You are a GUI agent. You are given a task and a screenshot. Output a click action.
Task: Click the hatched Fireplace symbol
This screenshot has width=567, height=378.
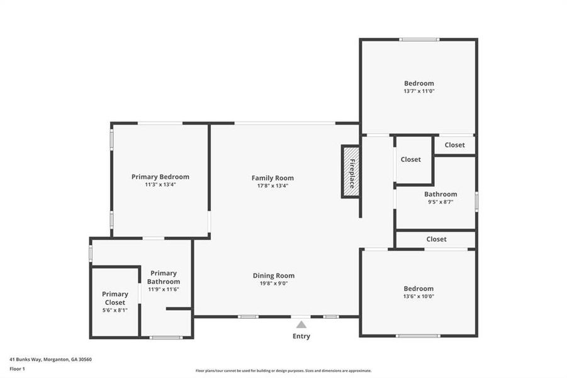point(351,171)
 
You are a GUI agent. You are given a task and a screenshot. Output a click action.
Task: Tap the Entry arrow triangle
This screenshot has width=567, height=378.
point(301,325)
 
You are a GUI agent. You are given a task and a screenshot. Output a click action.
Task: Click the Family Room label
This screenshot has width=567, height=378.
point(272,178)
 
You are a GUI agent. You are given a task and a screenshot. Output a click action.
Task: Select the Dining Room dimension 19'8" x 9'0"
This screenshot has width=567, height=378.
point(273,284)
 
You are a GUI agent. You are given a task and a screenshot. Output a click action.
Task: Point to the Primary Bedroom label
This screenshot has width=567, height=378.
point(160,177)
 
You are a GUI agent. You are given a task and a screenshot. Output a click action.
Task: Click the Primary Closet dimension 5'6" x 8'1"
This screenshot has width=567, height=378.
point(115,310)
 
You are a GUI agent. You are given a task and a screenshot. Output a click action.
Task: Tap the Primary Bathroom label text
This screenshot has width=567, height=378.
point(164,277)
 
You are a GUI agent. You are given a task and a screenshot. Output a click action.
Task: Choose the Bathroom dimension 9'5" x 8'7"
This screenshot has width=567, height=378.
point(441,202)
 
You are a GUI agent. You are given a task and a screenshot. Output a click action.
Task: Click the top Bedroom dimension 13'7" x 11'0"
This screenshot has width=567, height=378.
point(419,91)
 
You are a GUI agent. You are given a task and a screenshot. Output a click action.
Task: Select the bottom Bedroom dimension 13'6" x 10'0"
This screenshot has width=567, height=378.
point(418,297)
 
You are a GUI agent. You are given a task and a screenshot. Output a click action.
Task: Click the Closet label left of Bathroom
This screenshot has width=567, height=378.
point(411,159)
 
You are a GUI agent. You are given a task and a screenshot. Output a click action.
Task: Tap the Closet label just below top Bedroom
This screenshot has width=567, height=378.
point(454,145)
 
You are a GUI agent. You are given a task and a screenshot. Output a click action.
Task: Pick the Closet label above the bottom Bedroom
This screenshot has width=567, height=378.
point(436,239)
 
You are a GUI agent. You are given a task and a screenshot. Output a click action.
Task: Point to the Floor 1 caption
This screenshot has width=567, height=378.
point(17,369)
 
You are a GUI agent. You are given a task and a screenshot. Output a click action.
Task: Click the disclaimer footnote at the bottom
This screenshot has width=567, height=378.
point(283,371)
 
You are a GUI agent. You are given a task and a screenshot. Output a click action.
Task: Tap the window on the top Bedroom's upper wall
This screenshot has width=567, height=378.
point(419,40)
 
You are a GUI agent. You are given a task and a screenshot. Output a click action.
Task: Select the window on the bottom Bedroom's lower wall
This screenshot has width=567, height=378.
point(418,336)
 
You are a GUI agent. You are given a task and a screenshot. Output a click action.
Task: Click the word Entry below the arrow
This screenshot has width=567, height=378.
point(301,336)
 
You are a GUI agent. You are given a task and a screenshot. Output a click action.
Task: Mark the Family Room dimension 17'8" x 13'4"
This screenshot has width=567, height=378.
point(272,186)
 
